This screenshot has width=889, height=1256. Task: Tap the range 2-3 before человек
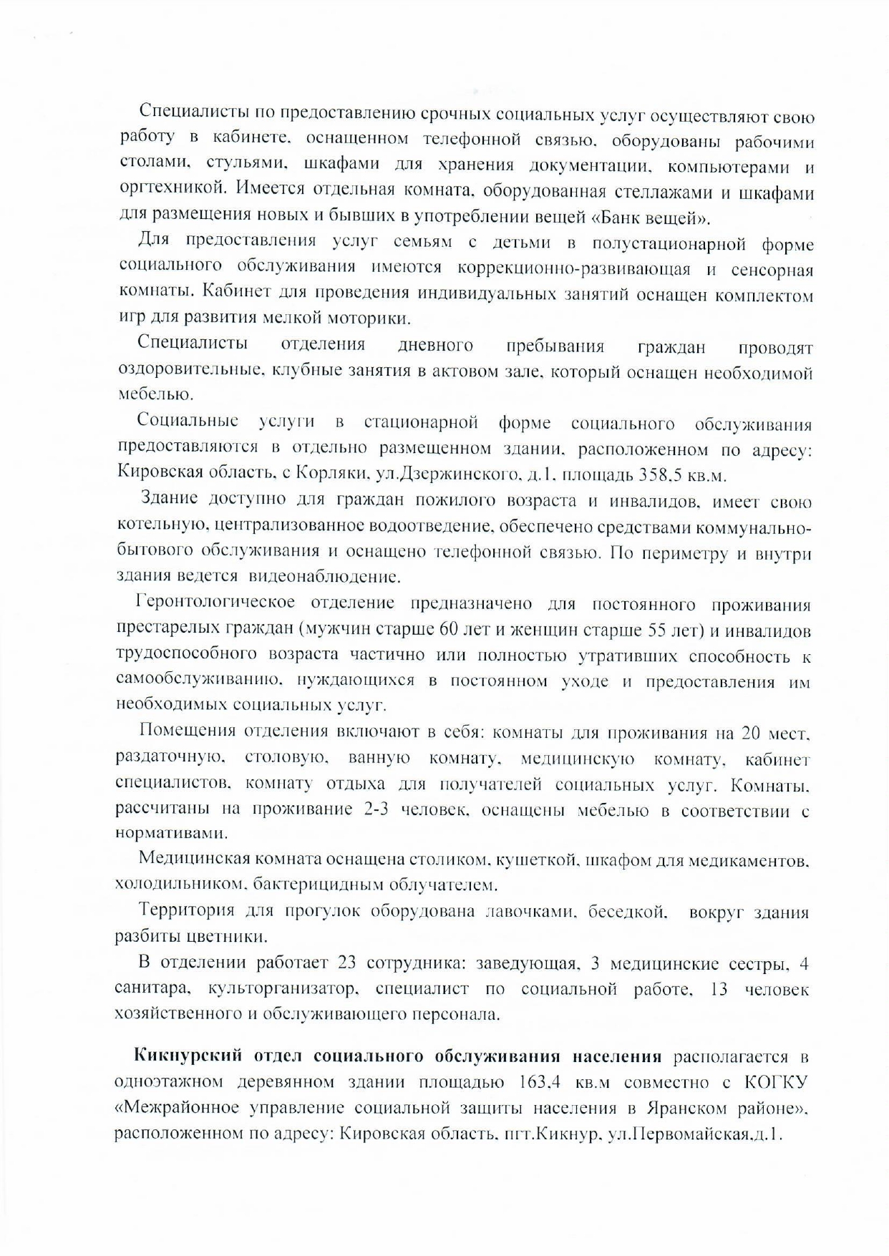[376, 809]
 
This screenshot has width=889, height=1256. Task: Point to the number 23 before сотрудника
[346, 963]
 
